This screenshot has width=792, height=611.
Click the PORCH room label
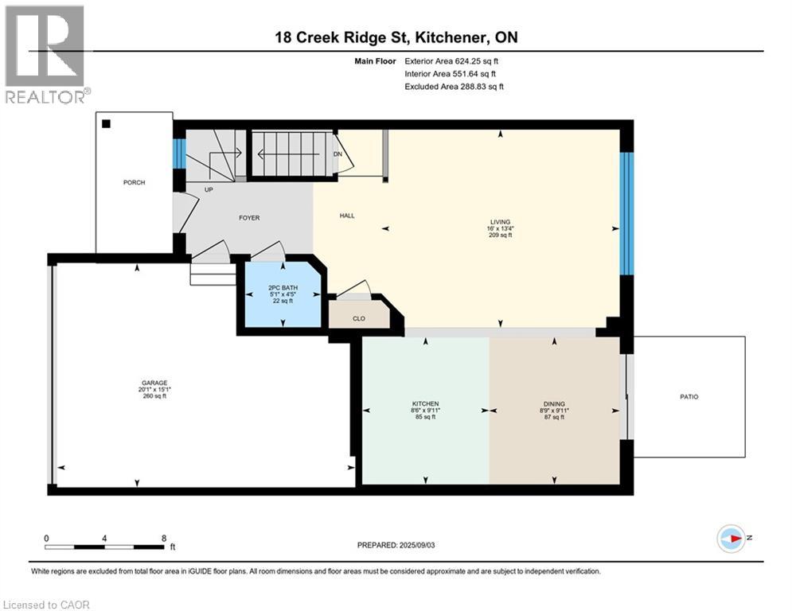tap(134, 183)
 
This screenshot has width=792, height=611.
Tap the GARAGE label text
tap(154, 383)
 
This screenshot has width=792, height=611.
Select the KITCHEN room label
tap(426, 404)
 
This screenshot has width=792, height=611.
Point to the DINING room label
tap(554, 404)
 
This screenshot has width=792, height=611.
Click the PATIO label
tap(689, 396)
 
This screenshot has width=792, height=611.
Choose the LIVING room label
tap(500, 222)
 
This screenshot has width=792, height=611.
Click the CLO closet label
tap(358, 318)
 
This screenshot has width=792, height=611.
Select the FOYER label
tap(249, 218)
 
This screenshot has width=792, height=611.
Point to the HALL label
tap(347, 215)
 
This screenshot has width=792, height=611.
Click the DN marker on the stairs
tap(338, 154)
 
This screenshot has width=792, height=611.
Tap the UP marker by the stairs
tap(209, 190)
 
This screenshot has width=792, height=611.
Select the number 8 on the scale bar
tap(163, 538)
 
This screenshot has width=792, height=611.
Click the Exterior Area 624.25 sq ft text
tap(452, 60)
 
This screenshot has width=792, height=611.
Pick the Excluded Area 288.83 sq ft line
tap(454, 87)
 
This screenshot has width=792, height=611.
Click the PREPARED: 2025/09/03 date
tap(396, 545)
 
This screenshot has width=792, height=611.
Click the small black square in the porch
tap(107, 123)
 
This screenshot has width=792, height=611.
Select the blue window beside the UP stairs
tap(179, 154)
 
